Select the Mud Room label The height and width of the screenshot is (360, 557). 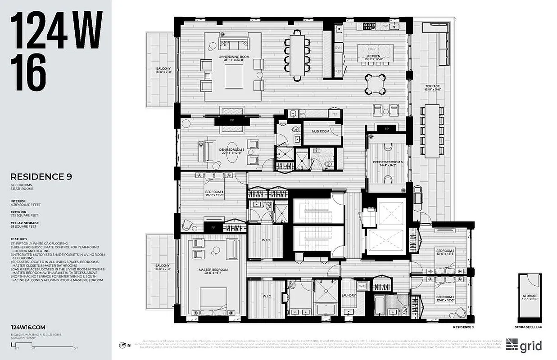coord(322,131)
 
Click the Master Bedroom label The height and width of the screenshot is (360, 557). coord(213,270)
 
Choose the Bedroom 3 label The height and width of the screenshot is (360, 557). coord(444,251)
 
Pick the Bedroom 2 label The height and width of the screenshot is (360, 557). coord(444,298)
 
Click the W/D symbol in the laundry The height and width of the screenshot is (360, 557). coord(362,286)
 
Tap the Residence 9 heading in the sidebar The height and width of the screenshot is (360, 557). coord(41,177)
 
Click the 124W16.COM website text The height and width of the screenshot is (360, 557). coord(28,328)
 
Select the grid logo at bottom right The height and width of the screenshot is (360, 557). coord(523,345)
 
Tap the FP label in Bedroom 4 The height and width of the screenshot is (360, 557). coord(213,228)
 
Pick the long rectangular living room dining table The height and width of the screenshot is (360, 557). coord(297,55)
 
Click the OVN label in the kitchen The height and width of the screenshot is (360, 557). coord(339,47)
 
